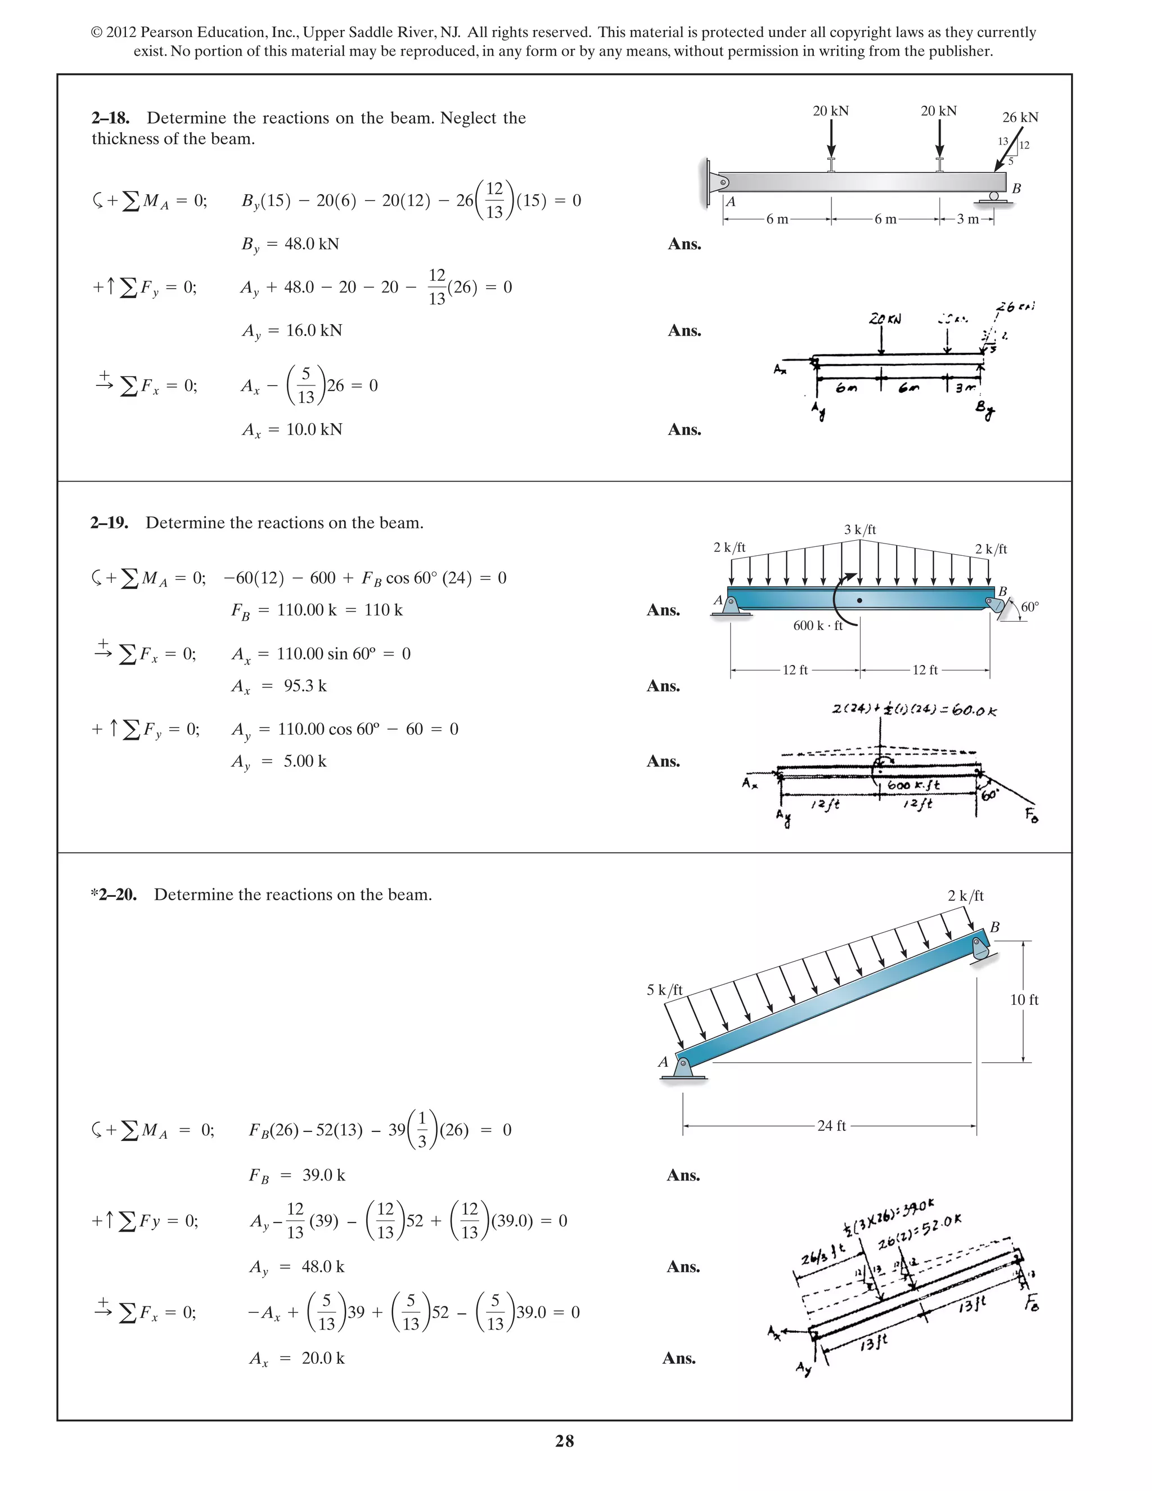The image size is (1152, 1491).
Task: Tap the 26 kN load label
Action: click(1020, 118)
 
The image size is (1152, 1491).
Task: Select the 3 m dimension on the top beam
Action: click(967, 219)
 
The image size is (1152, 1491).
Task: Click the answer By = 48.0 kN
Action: click(290, 244)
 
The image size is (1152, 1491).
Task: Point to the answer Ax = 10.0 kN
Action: click(292, 430)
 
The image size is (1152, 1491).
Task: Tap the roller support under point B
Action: click(994, 197)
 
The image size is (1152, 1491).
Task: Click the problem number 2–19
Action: click(109, 523)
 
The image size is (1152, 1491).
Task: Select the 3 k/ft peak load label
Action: click(860, 530)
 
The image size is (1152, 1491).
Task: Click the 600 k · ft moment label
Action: click(817, 625)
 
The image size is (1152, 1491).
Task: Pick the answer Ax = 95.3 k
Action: click(279, 686)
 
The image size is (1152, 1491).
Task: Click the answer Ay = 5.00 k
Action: click(279, 762)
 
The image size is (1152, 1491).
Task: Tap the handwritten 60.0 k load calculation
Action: click(914, 711)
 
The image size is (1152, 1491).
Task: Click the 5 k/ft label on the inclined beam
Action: click(664, 990)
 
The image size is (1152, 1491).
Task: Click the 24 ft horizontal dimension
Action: click(831, 1126)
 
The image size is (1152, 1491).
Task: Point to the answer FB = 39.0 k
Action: click(297, 1175)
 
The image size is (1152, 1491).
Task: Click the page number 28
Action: click(564, 1441)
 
